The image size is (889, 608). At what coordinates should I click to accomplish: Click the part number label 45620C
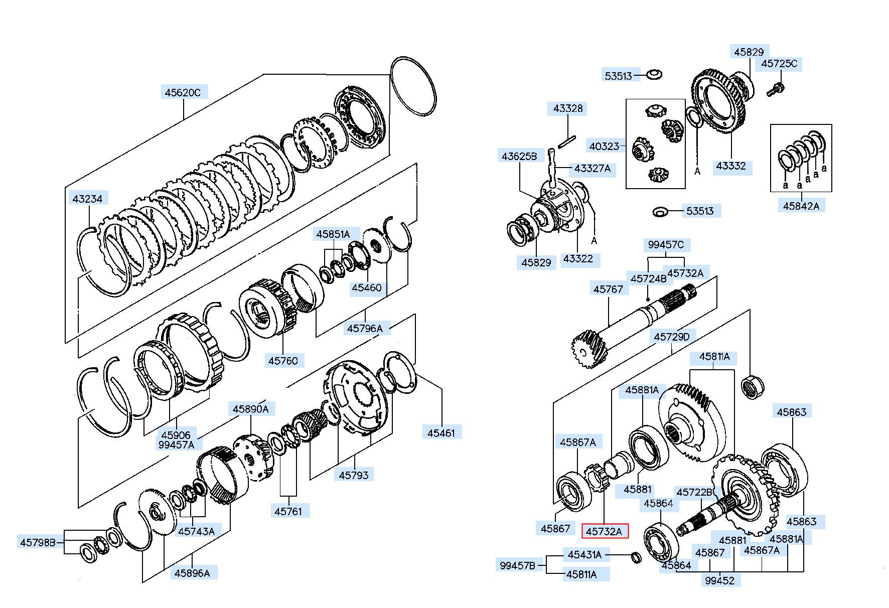click(183, 92)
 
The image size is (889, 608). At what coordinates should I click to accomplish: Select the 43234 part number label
click(87, 199)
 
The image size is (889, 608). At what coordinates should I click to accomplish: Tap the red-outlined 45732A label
click(605, 531)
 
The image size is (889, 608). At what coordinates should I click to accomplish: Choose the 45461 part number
click(441, 432)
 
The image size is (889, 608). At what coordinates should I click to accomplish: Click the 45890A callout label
click(250, 409)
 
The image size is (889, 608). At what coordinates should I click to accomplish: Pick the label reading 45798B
click(42, 542)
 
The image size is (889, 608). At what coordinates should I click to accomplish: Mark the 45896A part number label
click(192, 573)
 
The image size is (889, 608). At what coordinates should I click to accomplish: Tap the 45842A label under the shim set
click(801, 206)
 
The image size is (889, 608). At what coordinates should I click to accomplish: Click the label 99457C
click(666, 245)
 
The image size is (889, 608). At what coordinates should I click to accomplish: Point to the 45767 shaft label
click(608, 289)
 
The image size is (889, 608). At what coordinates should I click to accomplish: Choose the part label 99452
click(720, 580)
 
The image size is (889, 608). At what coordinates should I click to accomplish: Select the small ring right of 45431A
click(636, 557)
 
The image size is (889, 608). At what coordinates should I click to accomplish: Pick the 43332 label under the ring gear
click(731, 166)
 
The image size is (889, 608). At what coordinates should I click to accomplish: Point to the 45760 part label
click(283, 360)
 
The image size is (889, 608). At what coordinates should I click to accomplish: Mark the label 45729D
click(672, 337)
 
